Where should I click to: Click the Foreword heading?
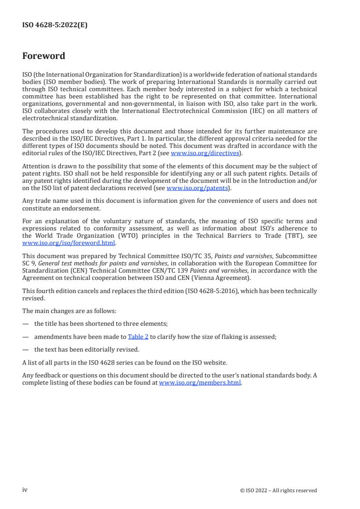[44, 56]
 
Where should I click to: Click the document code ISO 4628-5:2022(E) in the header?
[55, 25]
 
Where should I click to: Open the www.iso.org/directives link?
[205, 153]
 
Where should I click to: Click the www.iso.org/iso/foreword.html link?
[69, 243]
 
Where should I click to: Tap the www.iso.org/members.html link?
[200, 382]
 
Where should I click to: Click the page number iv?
[25, 490]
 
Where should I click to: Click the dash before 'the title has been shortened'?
[25, 324]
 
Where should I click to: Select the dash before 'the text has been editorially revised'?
[25, 349]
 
